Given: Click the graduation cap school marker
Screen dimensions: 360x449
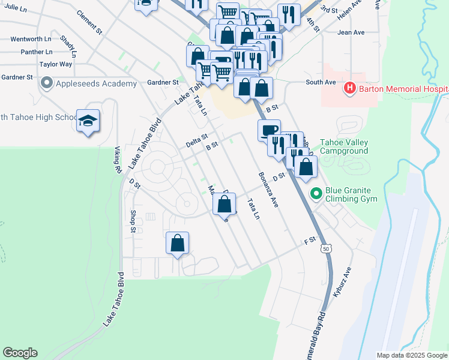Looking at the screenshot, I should (x=88, y=122).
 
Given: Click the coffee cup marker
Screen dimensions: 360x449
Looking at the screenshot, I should (x=269, y=130).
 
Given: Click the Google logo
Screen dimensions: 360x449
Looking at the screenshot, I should (x=20, y=353).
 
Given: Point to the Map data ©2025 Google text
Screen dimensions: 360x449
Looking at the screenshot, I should (x=411, y=355).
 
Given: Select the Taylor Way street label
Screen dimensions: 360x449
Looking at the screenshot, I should (x=56, y=64).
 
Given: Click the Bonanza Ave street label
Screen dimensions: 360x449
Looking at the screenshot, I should (x=268, y=190).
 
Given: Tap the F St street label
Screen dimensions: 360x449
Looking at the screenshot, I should (x=310, y=241).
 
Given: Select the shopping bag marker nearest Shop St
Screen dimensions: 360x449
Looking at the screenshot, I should (x=177, y=243).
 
